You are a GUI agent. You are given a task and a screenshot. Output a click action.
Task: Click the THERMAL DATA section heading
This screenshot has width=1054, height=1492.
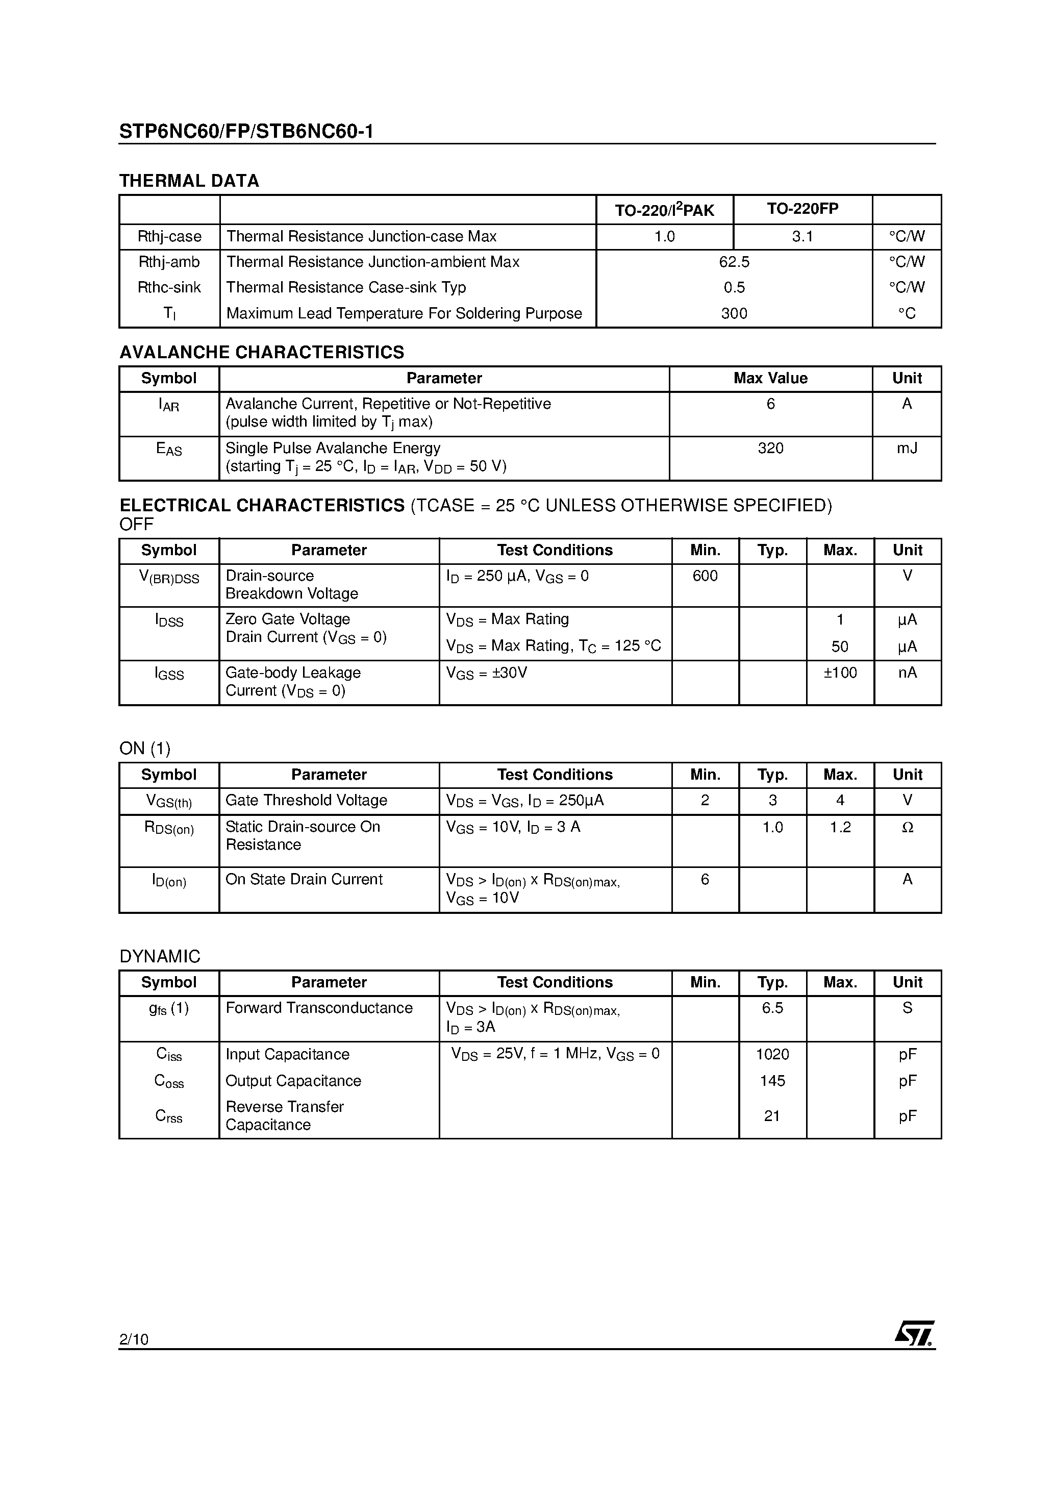click(189, 181)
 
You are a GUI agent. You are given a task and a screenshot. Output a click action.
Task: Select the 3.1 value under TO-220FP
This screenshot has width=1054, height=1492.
click(802, 237)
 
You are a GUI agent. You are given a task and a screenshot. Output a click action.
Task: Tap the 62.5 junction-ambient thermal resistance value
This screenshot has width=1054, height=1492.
click(734, 262)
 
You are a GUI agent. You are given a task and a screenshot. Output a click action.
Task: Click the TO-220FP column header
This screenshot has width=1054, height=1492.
click(802, 209)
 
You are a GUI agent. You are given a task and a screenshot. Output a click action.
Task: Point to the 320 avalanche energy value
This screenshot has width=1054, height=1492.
click(771, 449)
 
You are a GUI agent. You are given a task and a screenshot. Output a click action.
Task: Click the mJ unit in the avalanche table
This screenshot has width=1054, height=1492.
click(907, 449)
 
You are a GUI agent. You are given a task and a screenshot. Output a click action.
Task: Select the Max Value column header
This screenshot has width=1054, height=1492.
click(771, 378)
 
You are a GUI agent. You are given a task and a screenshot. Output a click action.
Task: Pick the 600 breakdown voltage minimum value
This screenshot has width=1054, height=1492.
click(705, 576)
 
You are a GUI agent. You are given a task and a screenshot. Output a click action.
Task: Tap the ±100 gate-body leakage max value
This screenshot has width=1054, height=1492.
click(840, 673)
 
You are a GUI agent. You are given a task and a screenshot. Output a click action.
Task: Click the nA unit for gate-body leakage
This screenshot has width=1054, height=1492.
click(907, 673)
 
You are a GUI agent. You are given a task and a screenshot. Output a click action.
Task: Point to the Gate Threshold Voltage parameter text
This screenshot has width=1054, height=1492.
click(306, 800)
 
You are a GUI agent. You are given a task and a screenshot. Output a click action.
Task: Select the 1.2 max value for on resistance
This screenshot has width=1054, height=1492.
click(840, 827)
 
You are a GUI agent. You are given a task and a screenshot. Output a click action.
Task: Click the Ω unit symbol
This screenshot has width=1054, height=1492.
click(908, 827)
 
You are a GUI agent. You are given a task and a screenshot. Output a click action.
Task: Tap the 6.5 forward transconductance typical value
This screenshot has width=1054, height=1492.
click(772, 1008)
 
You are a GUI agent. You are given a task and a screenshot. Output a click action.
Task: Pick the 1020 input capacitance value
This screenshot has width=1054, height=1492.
click(772, 1054)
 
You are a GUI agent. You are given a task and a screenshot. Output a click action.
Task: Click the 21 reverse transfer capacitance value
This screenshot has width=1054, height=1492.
click(772, 1116)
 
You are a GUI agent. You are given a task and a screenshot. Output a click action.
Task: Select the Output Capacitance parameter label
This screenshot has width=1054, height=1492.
click(293, 1081)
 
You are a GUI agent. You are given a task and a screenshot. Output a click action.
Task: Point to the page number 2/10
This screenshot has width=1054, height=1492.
click(134, 1338)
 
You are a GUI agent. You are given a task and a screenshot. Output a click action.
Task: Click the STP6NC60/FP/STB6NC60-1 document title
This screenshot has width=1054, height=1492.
click(246, 132)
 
